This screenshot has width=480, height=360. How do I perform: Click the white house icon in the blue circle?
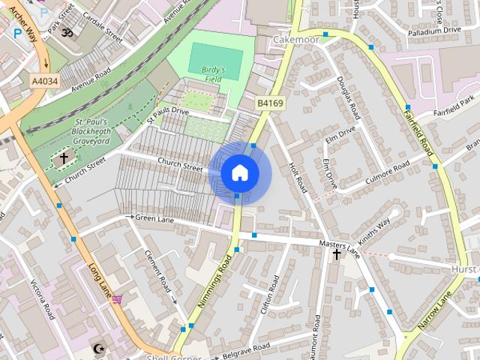coord(239,173)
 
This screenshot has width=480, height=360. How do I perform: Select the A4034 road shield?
coord(43,80)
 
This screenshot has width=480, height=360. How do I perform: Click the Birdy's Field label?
coord(214,73)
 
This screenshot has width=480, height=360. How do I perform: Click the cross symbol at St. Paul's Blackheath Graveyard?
coord(64,157)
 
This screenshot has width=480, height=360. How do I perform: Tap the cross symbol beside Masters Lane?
coord(337,254)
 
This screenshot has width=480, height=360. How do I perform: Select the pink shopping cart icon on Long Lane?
coord(117,298)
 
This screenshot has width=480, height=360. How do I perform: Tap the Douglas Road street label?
coord(349,98)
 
